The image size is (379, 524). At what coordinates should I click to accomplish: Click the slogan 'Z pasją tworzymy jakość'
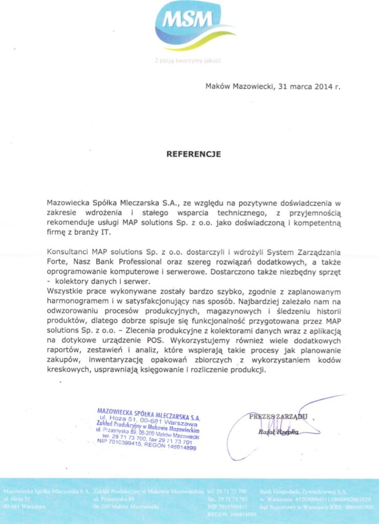187,60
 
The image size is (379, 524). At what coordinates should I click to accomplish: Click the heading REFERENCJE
193,153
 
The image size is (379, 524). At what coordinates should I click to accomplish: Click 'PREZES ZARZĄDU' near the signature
278,417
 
